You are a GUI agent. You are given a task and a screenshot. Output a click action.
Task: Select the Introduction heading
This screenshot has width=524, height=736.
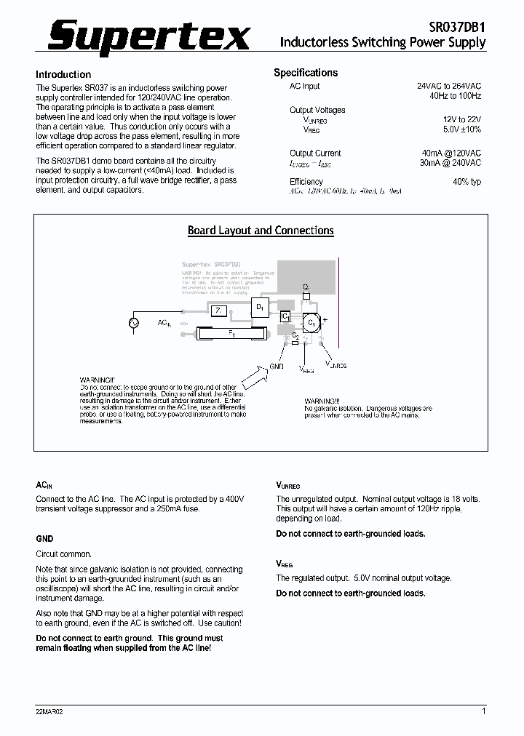[63, 74]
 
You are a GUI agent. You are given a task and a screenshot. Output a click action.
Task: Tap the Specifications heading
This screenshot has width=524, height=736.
[306, 73]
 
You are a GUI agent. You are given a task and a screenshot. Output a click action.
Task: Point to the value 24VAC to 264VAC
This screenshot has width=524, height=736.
[449, 86]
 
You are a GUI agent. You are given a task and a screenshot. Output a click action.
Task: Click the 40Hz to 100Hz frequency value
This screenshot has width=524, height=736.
[455, 96]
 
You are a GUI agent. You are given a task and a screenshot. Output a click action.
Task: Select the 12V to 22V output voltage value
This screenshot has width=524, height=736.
[462, 119]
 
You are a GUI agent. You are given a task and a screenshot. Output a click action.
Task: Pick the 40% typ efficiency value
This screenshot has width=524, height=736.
[467, 182]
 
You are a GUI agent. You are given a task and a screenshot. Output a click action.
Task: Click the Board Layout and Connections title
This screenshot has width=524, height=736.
[261, 231]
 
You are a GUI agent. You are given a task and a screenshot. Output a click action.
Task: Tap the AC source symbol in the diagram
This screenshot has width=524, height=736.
[134, 322]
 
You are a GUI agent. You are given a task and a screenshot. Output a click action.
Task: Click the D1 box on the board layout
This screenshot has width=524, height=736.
[260, 308]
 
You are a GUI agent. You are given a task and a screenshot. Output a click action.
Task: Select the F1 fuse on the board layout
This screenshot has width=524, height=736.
[232, 333]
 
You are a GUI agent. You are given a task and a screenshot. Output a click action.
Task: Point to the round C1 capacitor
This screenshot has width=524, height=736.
[311, 321]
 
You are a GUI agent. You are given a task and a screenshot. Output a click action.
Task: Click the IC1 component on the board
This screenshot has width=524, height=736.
[285, 316]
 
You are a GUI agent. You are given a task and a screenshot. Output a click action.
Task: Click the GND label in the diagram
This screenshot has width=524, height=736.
[276, 367]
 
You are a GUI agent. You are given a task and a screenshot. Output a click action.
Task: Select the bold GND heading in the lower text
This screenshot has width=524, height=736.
[44, 539]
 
